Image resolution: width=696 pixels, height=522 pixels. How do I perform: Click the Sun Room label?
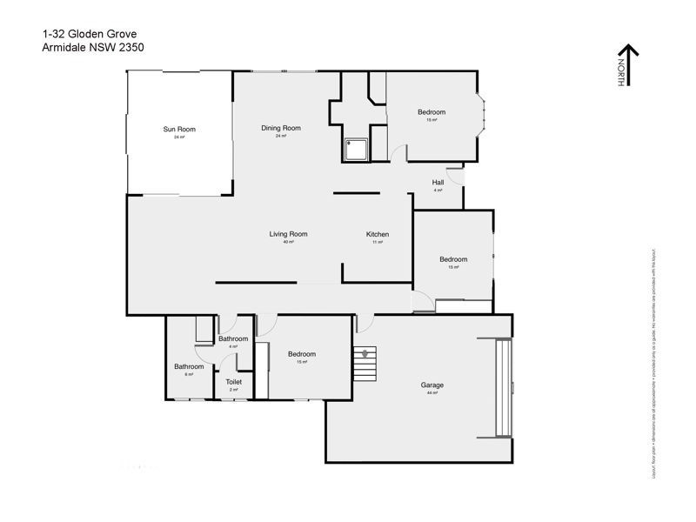[179, 130]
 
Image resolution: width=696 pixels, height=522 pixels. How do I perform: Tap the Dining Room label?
[281, 128]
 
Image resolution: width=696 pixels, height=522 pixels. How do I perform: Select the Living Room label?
[288, 234]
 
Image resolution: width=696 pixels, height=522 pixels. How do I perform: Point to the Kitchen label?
[377, 235]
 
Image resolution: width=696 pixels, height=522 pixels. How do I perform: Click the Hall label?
[438, 182]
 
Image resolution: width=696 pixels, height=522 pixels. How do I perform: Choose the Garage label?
[432, 385]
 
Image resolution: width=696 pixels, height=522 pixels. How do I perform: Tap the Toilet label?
[233, 382]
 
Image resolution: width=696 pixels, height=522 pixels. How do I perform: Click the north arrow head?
[628, 50]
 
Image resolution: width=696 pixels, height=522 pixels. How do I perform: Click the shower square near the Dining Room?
[357, 151]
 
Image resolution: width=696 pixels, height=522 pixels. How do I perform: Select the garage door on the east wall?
[502, 387]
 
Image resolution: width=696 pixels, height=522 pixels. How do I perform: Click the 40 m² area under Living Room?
[288, 243]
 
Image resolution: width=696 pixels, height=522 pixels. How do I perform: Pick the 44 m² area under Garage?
[432, 393]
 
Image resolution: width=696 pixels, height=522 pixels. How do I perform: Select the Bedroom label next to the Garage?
[301, 354]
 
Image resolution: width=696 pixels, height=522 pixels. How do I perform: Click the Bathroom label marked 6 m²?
[189, 366]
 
